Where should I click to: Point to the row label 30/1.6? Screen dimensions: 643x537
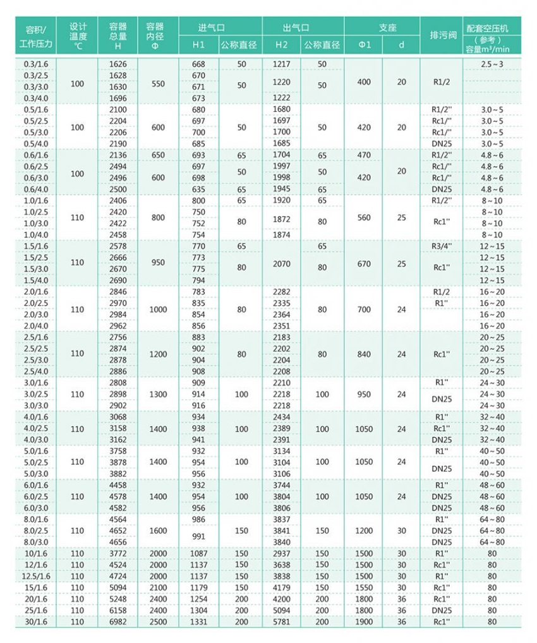36,622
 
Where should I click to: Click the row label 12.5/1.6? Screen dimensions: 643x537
36,577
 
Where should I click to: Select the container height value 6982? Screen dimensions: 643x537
118,622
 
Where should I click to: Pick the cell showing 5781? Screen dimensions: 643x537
282,622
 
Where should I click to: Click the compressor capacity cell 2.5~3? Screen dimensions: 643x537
492,64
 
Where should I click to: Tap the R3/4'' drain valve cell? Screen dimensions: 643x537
442,246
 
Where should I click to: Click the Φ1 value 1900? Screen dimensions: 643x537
365,622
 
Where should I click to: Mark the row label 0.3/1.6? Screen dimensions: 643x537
36,64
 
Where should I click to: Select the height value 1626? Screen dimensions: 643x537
118,64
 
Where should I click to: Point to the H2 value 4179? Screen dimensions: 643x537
282,588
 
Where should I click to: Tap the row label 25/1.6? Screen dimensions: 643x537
36,611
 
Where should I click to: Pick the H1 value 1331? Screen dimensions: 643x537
198,622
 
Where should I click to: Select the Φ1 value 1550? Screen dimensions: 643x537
365,588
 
